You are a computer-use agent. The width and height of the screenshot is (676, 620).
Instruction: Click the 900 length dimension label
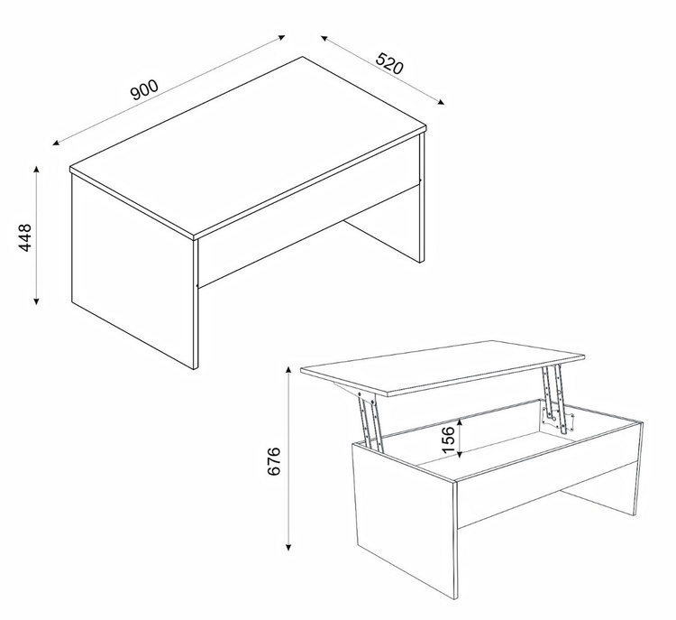click(144, 90)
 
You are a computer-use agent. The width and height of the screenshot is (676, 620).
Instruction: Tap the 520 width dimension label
click(389, 63)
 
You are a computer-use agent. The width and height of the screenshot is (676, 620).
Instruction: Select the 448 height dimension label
click(25, 237)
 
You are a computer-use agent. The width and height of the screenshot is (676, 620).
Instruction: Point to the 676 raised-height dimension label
click(274, 461)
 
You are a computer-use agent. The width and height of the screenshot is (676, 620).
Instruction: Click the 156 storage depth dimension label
click(448, 440)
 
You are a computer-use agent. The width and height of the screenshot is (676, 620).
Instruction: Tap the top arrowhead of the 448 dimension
click(37, 170)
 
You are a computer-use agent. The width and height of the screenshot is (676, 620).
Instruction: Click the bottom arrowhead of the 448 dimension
click(37, 301)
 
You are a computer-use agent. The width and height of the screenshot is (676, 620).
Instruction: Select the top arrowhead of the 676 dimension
click(288, 370)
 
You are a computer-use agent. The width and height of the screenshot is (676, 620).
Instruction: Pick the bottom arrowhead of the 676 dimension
click(288, 548)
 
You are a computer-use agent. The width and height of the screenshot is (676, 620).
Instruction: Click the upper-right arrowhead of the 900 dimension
click(281, 37)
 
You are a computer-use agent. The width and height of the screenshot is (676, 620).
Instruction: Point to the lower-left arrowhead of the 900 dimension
click(56, 143)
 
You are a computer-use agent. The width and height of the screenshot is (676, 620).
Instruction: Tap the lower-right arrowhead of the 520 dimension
click(441, 102)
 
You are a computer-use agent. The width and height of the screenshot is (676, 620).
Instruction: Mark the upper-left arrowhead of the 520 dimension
click(324, 38)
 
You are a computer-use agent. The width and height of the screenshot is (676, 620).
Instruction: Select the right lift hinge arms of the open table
click(554, 398)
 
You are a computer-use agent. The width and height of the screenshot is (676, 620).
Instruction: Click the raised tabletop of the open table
click(443, 367)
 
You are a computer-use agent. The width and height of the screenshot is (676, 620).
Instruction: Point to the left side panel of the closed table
click(132, 271)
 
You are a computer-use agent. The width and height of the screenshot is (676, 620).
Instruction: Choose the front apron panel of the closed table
click(308, 232)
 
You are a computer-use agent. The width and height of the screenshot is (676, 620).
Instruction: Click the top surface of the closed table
click(248, 147)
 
